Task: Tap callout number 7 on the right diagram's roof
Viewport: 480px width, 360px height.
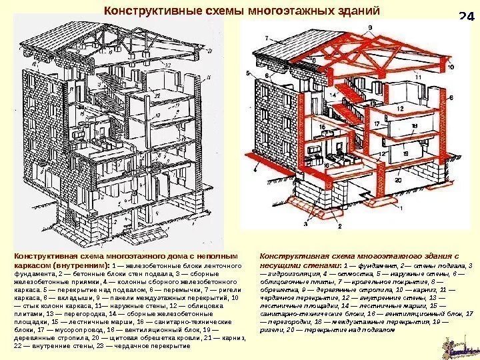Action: [266, 38]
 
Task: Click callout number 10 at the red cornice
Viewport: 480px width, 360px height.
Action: [451, 67]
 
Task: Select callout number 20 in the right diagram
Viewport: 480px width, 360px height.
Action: [398, 180]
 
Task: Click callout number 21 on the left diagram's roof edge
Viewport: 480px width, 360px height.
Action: [210, 50]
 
